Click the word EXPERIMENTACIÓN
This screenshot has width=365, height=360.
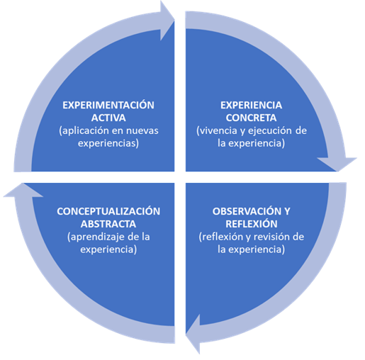pos(108,105)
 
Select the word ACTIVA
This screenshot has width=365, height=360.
pos(108,118)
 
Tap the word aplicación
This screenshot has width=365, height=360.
pos(84,130)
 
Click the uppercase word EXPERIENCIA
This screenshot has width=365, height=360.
pos(251,105)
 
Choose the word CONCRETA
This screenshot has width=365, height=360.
pos(251,118)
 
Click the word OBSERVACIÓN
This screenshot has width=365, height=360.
pos(247,211)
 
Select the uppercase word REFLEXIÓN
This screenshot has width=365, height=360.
pos(252,224)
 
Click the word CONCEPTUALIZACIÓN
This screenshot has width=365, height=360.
pos(108,211)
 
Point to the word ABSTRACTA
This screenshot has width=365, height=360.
pos(108,224)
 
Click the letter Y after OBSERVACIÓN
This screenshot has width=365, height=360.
pos(287,211)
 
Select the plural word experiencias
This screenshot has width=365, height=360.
pos(108,143)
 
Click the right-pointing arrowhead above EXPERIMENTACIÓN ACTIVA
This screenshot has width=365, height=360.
pos(167,21)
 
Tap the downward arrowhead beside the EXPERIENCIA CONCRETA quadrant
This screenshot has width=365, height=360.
pos(337,164)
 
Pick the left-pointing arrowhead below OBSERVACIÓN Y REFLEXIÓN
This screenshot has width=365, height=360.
pos(193,334)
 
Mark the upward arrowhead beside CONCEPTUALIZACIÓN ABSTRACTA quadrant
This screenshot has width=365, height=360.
pos(23,191)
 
